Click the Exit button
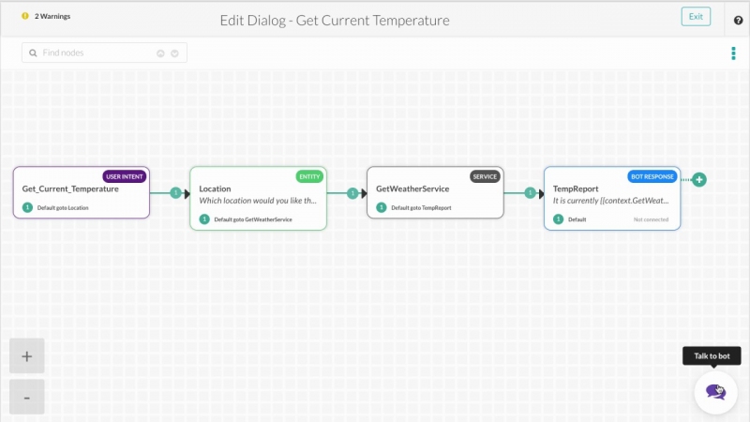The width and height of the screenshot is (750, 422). [x=696, y=17]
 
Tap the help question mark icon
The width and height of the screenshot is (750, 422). [x=738, y=20]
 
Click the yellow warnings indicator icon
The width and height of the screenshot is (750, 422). [x=25, y=16]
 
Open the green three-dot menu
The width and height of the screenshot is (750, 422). [x=733, y=53]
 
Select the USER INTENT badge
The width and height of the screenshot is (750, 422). [x=125, y=176]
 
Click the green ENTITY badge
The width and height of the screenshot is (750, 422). [x=309, y=176]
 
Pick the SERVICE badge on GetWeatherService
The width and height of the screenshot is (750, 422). [x=485, y=176]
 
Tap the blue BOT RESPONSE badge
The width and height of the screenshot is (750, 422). [x=652, y=176]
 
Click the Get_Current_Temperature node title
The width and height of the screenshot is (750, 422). [x=70, y=189]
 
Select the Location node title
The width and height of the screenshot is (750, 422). [x=215, y=189]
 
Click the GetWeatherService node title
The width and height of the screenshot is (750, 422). [x=412, y=189]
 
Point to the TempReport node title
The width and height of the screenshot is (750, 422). [x=576, y=189]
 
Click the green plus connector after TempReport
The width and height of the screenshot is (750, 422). [x=698, y=179]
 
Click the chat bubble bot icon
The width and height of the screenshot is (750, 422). [x=715, y=392]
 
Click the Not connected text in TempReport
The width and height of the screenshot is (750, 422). [x=651, y=219]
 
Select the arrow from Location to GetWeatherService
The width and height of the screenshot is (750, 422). [x=347, y=193]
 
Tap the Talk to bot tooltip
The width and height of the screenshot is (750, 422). [x=712, y=356]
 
